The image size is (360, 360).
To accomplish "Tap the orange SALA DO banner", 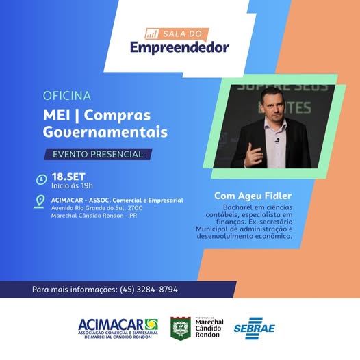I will (x=181, y=32).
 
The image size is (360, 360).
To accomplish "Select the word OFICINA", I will (x=66, y=96).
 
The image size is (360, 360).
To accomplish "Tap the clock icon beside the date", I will (x=42, y=180).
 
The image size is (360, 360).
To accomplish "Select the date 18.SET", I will (x=66, y=176).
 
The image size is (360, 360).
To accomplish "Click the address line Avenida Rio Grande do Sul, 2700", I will (x=97, y=207).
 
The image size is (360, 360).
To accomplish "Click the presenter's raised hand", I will (x=254, y=155).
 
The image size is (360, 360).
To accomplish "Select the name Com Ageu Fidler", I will (x=253, y=196).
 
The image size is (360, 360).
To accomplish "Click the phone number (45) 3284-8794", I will (x=149, y=290).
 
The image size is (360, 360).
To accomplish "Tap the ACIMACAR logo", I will (x=118, y=327).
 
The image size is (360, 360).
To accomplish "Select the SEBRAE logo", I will (x=254, y=329).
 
